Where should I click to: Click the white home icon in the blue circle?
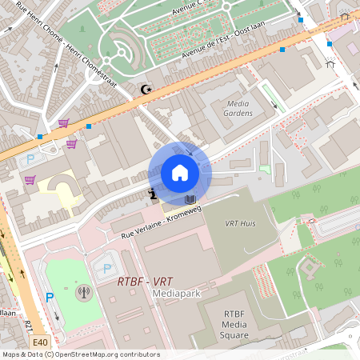click(180, 173)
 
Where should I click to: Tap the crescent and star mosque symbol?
click(145, 90)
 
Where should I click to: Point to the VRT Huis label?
click(240, 223)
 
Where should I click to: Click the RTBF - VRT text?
click(145, 282)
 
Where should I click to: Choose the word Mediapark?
click(176, 294)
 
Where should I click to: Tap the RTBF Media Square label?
click(223, 325)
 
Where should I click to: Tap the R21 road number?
click(30, 326)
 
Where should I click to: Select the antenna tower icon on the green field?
click(82, 291)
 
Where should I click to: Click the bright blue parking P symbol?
click(49, 298)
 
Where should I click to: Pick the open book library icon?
click(190, 198)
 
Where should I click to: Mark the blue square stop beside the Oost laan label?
click(282, 50)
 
